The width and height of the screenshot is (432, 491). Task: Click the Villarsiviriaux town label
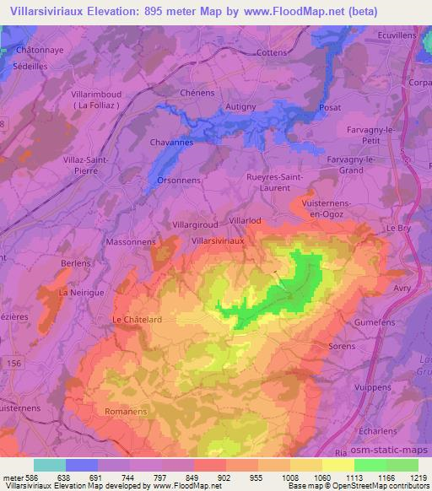[218, 240]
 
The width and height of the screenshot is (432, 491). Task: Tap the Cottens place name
[272, 52]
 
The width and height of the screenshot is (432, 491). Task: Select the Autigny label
[243, 107]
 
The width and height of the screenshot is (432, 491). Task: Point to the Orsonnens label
[177, 181]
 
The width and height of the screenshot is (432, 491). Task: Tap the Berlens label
[76, 263]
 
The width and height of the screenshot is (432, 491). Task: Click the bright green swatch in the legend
[370, 465]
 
